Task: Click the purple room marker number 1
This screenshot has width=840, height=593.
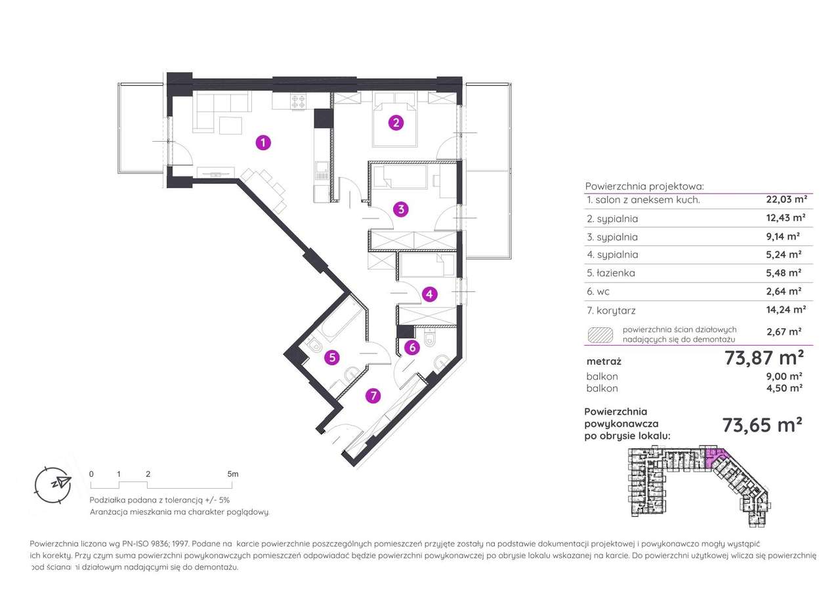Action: [263, 143]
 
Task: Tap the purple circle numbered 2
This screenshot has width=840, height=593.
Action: [396, 123]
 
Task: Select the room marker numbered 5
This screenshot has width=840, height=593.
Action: [332, 358]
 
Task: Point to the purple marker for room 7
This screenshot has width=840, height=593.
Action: [373, 396]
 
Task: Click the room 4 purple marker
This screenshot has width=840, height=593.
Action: [429, 295]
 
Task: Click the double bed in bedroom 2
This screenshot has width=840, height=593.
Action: [395, 120]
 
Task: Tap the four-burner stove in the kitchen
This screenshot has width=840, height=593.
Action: [299, 102]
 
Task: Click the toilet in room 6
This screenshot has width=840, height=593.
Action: [429, 338]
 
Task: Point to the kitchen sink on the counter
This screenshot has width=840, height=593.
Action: [322, 170]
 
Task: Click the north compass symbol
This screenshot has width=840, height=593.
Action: [53, 485]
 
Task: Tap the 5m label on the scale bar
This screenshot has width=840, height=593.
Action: [233, 474]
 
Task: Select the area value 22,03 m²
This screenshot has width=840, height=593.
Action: [786, 199]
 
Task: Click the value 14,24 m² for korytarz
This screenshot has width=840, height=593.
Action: [786, 310]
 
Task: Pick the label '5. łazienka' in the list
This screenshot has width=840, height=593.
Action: [611, 273]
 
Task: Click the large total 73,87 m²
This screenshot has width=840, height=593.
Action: [765, 358]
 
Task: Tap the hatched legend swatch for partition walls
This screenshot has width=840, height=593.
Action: [600, 335]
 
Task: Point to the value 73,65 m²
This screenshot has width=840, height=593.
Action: [763, 425]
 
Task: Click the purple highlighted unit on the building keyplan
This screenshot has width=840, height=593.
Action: [715, 458]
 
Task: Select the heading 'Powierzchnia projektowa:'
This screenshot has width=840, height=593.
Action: [644, 186]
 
